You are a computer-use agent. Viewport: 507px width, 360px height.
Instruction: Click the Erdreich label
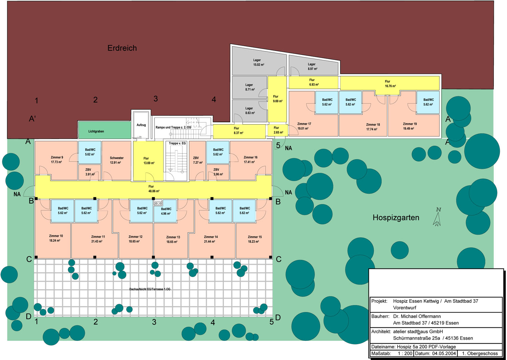pos(122,48)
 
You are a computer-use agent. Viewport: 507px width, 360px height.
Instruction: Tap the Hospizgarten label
pos(396,217)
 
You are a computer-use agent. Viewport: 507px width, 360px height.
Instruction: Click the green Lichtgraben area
pos(105,130)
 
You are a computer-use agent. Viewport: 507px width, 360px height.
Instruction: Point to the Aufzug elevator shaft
pos(141,125)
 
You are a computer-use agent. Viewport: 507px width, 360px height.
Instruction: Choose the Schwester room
pos(117,161)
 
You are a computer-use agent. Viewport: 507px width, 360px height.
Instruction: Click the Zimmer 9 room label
pos(57,157)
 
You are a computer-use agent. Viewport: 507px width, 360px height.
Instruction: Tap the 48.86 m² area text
pos(154,191)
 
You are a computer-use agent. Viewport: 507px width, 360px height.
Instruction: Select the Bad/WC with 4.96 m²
pos(165,211)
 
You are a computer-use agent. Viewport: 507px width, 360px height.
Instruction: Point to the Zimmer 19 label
pos(410,124)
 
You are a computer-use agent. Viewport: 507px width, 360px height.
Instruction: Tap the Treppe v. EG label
pos(177,143)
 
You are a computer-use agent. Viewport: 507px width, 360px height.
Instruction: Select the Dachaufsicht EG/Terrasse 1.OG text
pos(150,289)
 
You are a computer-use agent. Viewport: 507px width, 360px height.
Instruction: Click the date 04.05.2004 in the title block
pos(444,354)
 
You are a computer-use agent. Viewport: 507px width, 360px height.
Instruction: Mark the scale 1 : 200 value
pos(405,354)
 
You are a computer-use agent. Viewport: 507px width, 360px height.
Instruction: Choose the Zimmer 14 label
pos(211,237)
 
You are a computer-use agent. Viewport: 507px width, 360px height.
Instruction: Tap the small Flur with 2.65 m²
pos(278,130)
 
